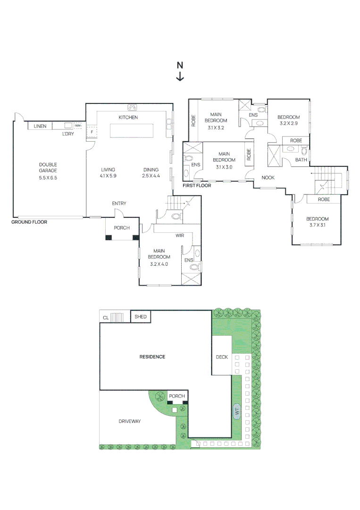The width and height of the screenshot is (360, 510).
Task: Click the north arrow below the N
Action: pos(180,76)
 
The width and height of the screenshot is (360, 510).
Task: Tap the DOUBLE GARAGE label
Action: pos(48,168)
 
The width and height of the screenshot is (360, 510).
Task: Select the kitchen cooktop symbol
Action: pos(132,107)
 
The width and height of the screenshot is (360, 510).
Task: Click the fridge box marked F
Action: pos(92,132)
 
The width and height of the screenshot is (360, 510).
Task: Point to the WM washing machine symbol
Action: pos(77,125)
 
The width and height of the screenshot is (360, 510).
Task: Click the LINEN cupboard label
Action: pos(40,126)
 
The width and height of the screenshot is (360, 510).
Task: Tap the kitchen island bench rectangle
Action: pos(131,131)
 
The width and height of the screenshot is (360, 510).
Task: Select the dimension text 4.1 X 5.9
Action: pos(108,176)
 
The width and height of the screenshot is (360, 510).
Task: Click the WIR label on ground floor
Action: pos(180,236)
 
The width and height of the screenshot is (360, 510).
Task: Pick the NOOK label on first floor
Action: pos(268,178)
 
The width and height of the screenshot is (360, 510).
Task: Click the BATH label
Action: pos(301,160)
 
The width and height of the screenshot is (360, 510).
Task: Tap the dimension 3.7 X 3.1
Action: pos(318,225)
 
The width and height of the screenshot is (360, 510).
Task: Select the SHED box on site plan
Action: pos(140,316)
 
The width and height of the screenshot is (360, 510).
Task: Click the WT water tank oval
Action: pos(237,411)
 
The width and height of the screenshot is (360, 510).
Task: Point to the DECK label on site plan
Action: pos(222,357)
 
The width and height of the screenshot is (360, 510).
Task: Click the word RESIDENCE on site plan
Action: pos(152,357)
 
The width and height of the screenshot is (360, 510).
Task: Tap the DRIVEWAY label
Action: pos(130,421)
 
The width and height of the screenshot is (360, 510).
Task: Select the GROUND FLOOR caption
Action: pos(29,222)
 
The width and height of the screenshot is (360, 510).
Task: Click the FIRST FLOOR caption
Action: pos(197,186)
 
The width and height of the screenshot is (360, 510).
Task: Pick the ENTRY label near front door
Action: pos(119,203)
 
